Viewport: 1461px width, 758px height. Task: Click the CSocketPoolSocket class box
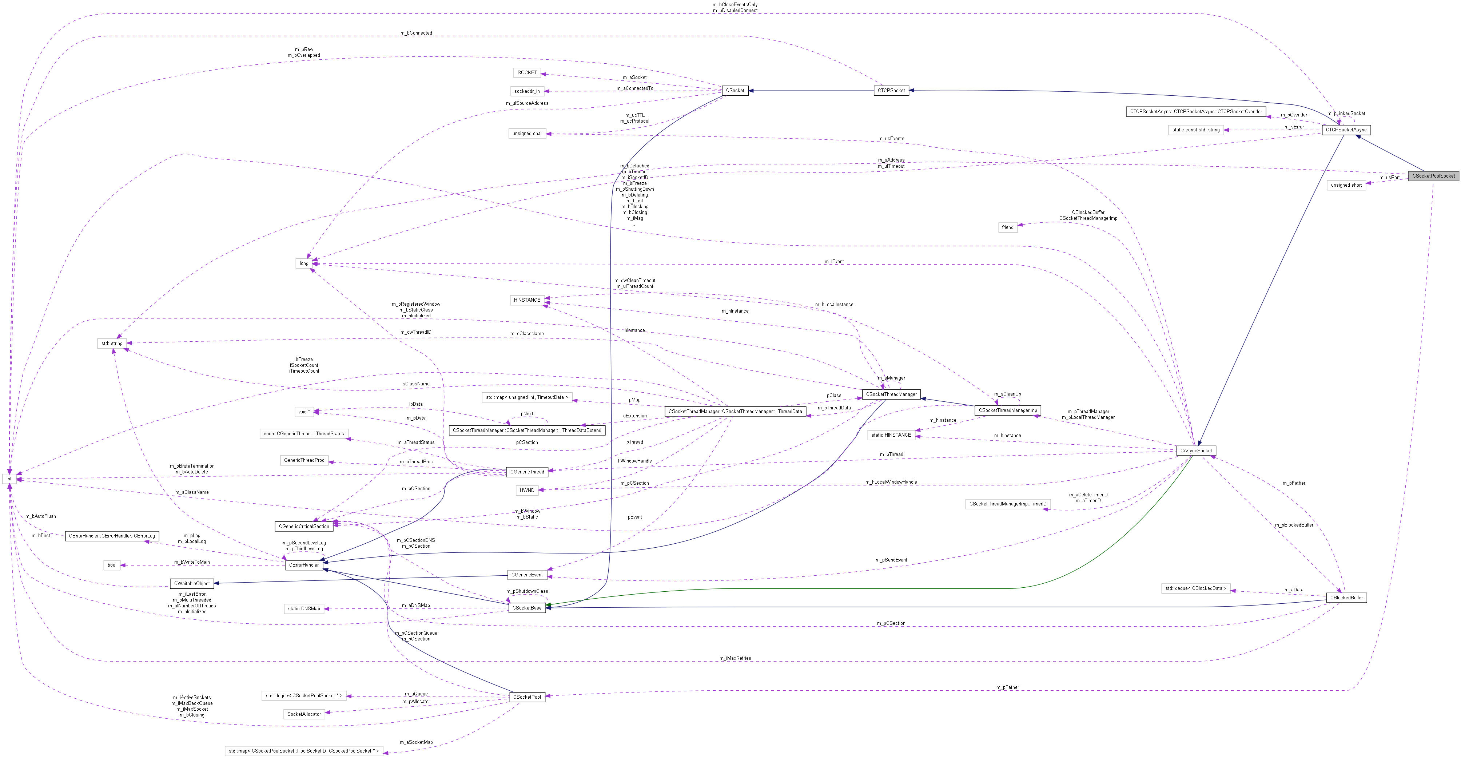[x=1433, y=176]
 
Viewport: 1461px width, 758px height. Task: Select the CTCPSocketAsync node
[x=1346, y=130]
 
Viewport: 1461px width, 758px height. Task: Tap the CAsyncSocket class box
[x=1196, y=451]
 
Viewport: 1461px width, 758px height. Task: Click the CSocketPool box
[x=527, y=697]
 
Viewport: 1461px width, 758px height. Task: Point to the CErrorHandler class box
[x=304, y=565]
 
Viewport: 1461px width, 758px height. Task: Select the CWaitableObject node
[x=192, y=583]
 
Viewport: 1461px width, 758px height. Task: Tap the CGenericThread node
[x=527, y=472]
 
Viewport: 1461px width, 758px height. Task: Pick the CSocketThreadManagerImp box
[x=1008, y=410]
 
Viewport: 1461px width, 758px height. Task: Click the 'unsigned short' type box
[x=1346, y=185]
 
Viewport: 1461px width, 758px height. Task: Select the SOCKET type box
[x=527, y=73]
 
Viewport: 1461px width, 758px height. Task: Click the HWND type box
[x=527, y=490]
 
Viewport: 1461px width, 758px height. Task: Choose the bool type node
[x=112, y=565]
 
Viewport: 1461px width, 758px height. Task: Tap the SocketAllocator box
[x=304, y=714]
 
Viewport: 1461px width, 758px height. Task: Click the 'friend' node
[x=1007, y=227]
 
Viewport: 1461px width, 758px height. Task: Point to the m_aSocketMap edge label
[x=416, y=742]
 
